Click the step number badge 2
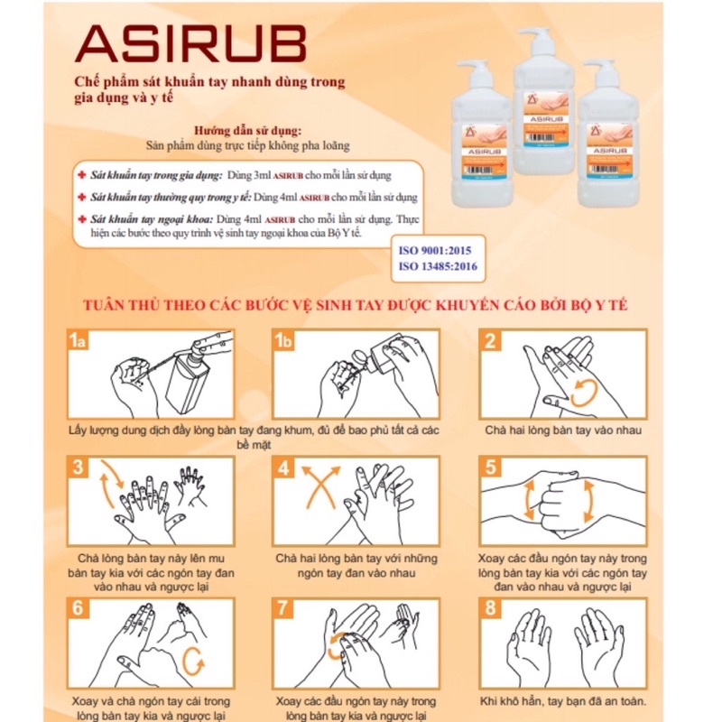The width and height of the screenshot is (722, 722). (490, 341)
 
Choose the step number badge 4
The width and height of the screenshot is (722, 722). (284, 468)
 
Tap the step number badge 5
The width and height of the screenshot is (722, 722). (490, 468)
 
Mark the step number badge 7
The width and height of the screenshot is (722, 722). (284, 608)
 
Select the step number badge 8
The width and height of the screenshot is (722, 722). (490, 608)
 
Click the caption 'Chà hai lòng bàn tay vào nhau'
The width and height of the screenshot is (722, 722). (563, 430)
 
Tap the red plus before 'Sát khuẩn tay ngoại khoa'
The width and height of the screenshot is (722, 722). (81, 218)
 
